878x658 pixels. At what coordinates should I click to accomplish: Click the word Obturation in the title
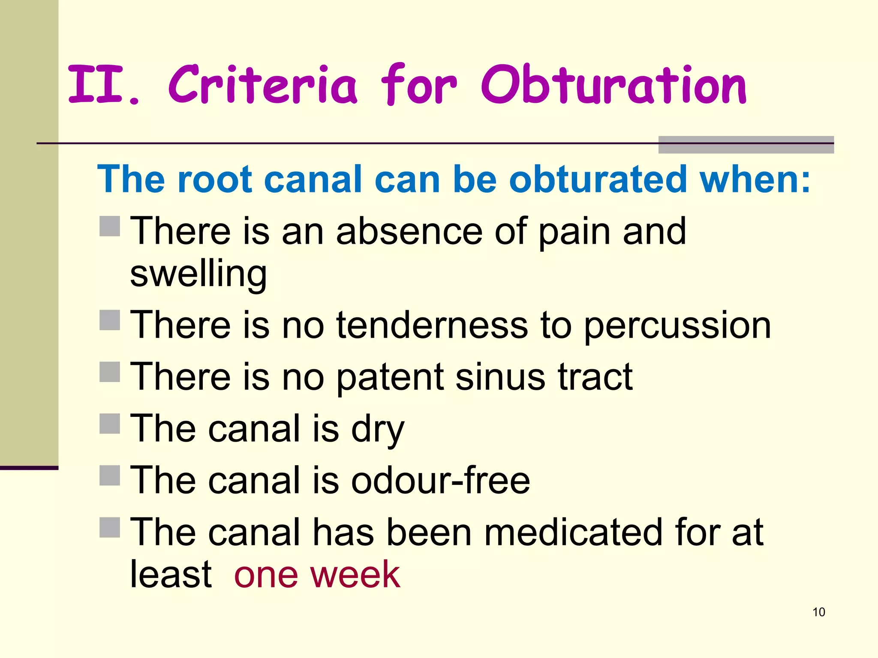(614, 85)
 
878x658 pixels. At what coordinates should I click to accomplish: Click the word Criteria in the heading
(262, 85)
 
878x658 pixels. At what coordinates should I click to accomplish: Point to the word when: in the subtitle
(755, 179)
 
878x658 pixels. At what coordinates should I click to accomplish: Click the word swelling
(198, 275)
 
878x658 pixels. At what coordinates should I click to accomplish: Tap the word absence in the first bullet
(409, 231)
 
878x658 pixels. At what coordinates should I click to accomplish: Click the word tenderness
(432, 326)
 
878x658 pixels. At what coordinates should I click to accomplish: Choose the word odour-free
(440, 481)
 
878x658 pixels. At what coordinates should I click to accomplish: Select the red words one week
(317, 575)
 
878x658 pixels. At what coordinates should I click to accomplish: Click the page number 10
(818, 612)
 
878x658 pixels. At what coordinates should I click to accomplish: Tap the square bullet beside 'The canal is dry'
(110, 424)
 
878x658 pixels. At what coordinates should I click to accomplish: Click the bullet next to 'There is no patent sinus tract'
(110, 372)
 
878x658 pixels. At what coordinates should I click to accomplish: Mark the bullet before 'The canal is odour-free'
(110, 476)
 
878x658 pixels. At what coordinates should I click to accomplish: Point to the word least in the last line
(171, 575)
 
